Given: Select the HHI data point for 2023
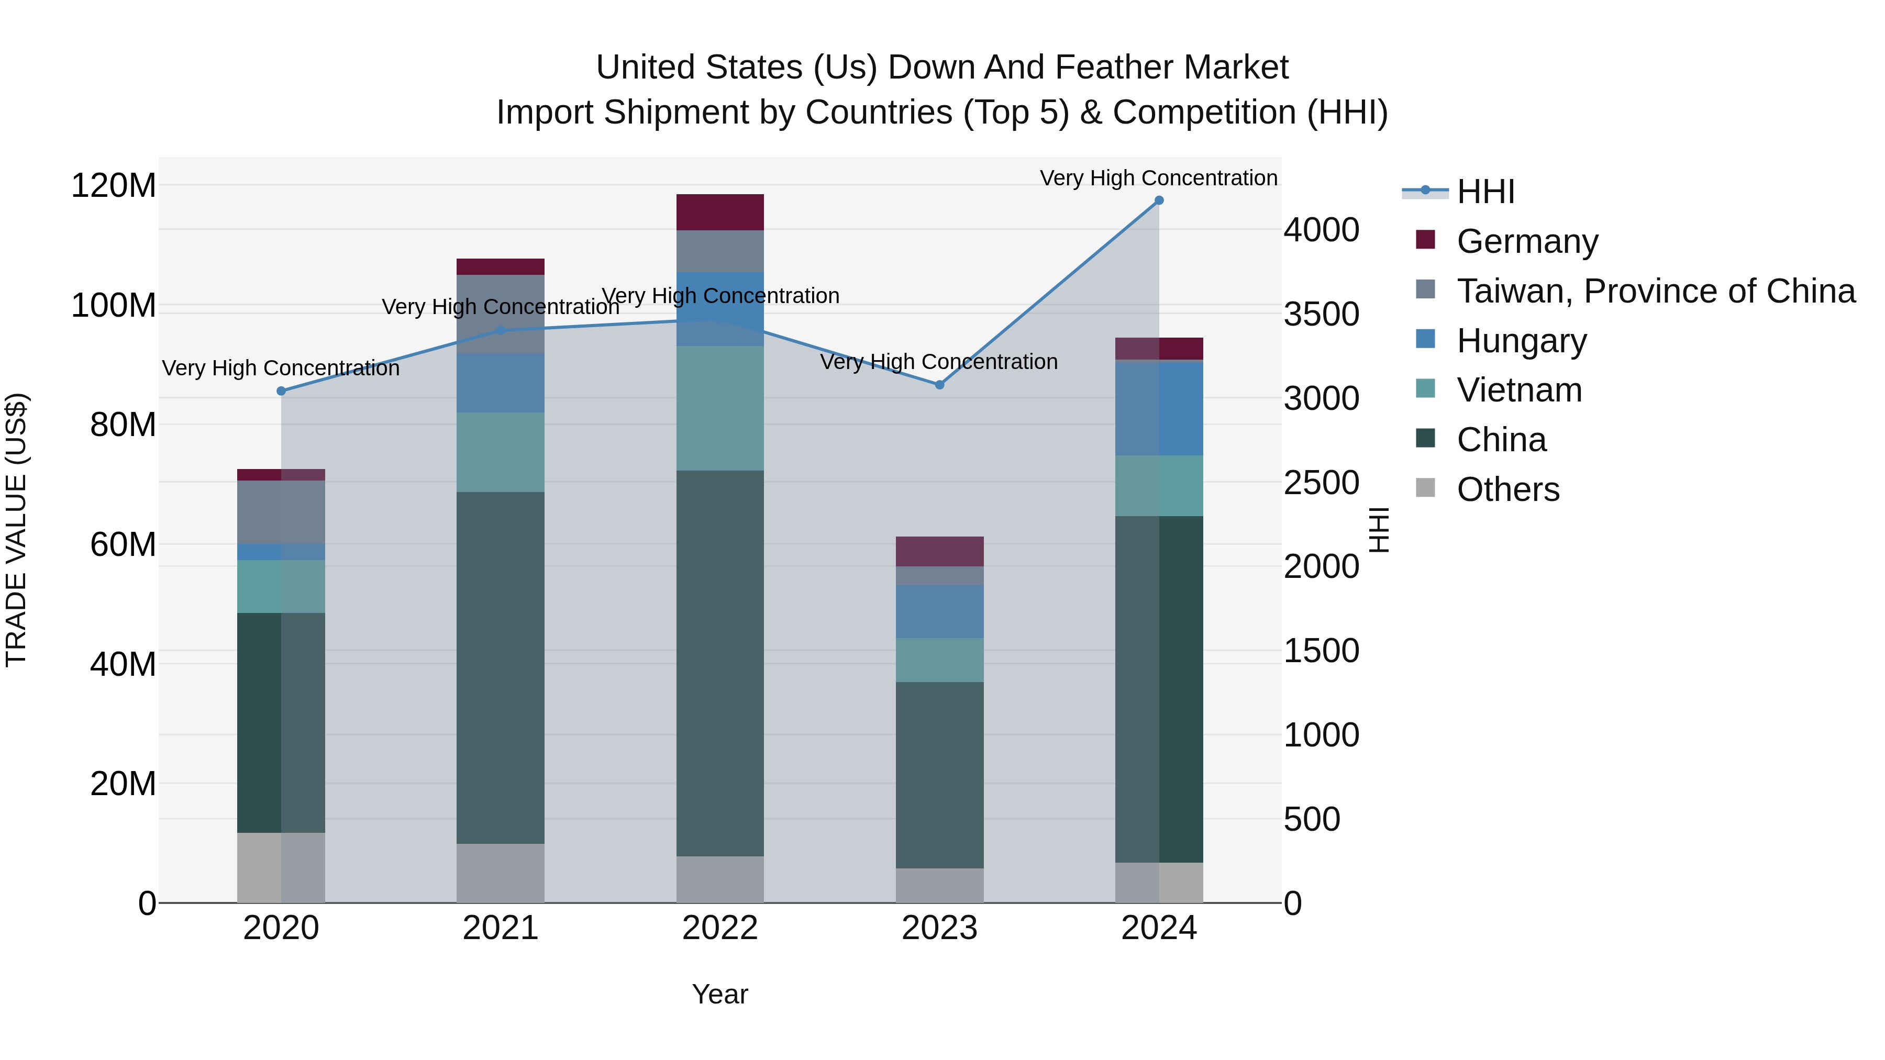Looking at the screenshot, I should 939,385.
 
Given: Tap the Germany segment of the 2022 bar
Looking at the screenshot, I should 720,212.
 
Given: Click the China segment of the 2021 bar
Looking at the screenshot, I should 501,667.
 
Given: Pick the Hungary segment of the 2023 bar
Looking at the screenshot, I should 939,611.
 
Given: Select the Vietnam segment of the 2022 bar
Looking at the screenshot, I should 720,408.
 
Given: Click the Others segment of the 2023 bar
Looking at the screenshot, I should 939,885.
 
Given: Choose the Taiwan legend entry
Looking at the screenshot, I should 1655,291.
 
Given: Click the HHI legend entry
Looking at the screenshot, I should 1485,192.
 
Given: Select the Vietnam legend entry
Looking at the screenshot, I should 1519,390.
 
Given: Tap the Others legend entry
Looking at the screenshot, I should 1507,489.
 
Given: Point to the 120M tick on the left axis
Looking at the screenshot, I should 114,185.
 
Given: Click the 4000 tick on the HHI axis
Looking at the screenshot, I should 1322,230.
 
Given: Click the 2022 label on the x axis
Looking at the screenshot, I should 720,928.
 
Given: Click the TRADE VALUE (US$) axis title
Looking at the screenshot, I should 17,530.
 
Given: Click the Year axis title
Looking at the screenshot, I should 720,994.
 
